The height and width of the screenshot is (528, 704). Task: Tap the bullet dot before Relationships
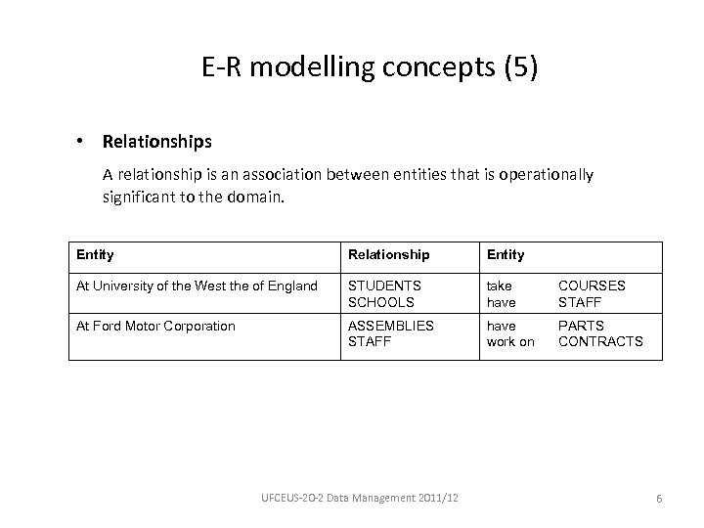click(79, 142)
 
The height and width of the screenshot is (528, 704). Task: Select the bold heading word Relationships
click(156, 142)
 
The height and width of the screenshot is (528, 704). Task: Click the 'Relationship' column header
click(388, 254)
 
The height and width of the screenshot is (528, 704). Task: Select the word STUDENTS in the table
click(384, 286)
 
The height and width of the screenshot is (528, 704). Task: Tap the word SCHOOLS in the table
click(382, 301)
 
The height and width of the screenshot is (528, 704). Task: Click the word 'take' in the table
click(499, 286)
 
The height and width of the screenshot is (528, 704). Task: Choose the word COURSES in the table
click(592, 286)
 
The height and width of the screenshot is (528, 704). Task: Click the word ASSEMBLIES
click(391, 326)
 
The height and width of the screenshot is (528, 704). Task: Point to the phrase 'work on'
click(510, 341)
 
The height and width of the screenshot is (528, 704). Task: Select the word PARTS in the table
click(581, 326)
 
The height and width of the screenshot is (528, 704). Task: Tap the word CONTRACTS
click(600, 341)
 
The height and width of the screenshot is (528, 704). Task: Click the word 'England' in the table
click(292, 286)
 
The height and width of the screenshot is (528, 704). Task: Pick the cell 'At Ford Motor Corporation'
click(155, 326)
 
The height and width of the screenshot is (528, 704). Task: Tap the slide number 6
click(660, 499)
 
